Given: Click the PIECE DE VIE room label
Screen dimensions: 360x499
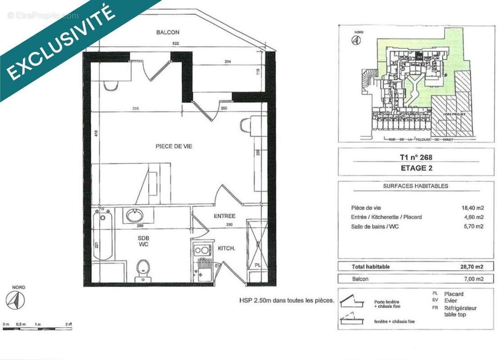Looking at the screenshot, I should (x=174, y=146).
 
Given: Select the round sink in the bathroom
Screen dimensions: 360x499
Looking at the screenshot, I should (x=135, y=216).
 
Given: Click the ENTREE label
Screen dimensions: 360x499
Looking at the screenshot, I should (x=224, y=216).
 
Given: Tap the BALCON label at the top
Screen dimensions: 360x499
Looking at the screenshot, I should (x=168, y=32).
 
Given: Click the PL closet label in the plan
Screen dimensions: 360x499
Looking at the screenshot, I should (x=258, y=265).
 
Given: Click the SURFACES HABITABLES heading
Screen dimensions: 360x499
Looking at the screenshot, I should (x=415, y=186).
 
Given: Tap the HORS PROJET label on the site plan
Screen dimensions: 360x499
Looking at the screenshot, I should (x=451, y=115).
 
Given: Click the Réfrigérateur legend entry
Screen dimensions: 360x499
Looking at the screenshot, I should (x=460, y=308).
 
